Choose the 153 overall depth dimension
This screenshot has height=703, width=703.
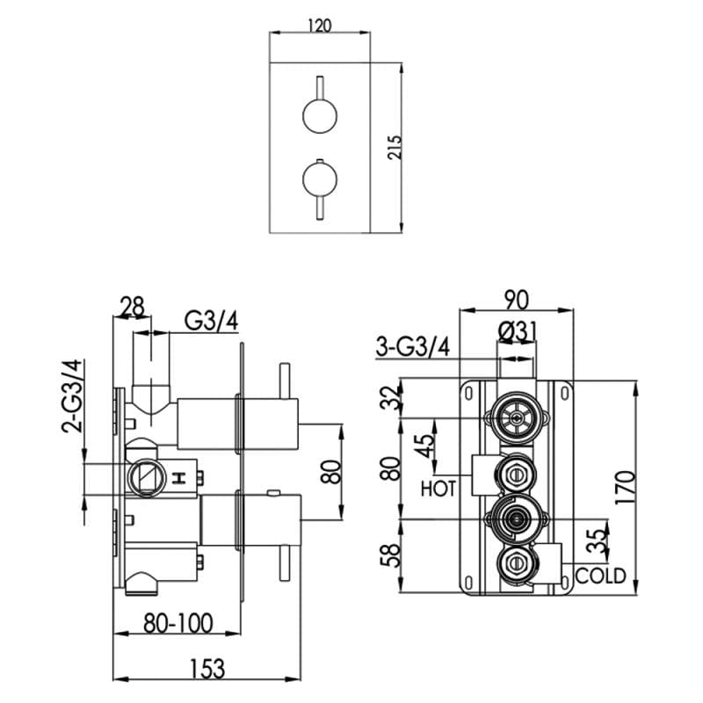coord(206,668)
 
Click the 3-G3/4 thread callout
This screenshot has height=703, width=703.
coord(413,347)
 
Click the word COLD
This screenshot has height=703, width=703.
coord(601,576)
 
